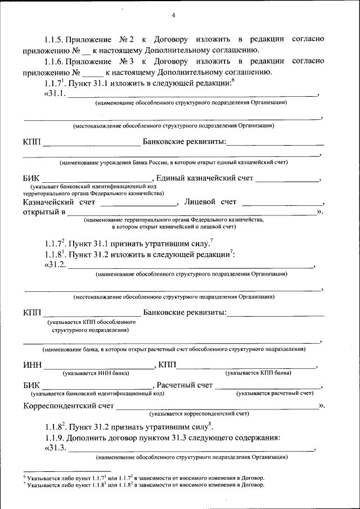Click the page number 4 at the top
(173, 15)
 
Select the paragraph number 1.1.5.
(55, 40)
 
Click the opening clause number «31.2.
(55, 265)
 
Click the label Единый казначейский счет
(204, 179)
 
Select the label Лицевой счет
(210, 201)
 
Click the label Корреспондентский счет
(69, 405)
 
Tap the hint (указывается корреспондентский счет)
(199, 413)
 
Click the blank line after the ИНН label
(98, 367)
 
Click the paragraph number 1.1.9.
(55, 438)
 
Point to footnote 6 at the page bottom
(143, 477)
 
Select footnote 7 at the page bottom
(143, 484)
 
